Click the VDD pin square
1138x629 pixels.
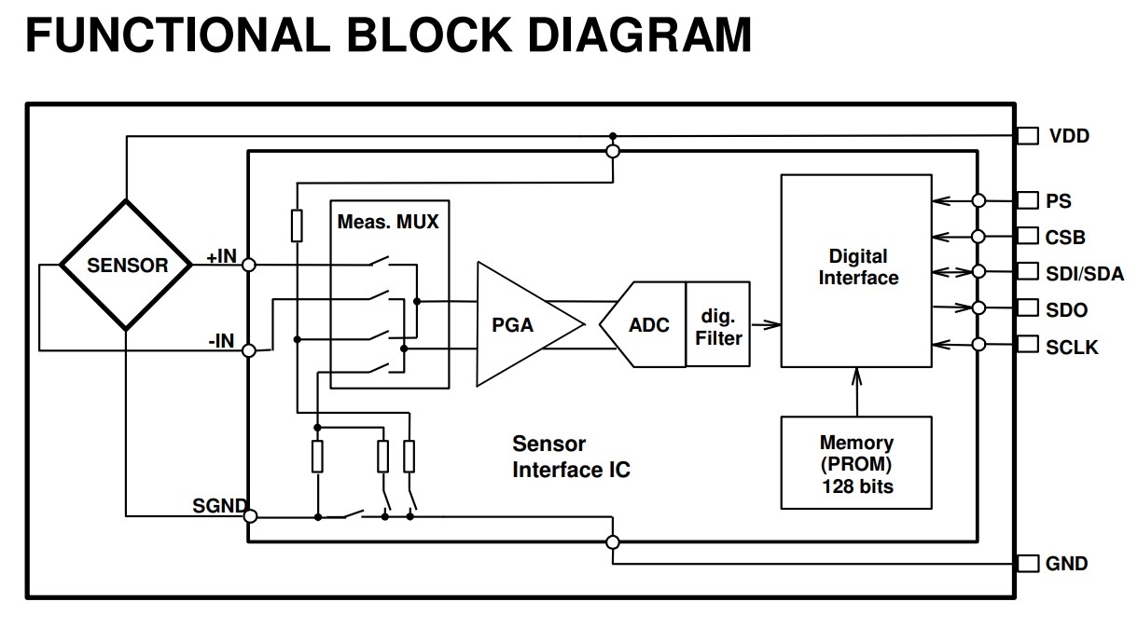pyautogui.click(x=1028, y=135)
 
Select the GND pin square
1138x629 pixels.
pyautogui.click(x=1028, y=563)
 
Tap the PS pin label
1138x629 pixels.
pyautogui.click(x=1058, y=201)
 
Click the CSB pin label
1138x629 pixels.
pyautogui.click(x=1065, y=237)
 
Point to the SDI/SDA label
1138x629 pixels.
pyautogui.click(x=1085, y=274)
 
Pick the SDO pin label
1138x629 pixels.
pyautogui.click(x=1066, y=309)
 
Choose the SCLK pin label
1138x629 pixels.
pyautogui.click(x=1072, y=348)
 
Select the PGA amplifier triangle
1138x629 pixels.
pyautogui.click(x=530, y=324)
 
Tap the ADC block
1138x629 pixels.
pyautogui.click(x=643, y=324)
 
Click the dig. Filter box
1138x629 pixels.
pyautogui.click(x=718, y=324)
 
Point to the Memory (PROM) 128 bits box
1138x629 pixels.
pyautogui.click(x=856, y=463)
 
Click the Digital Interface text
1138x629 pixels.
pyautogui.click(x=858, y=267)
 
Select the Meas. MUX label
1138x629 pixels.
pyautogui.click(x=388, y=222)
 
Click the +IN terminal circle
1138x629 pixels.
pyautogui.click(x=249, y=265)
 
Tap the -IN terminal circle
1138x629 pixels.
pyautogui.click(x=249, y=350)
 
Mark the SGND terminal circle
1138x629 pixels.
pyautogui.click(x=251, y=516)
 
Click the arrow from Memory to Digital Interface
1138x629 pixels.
pyautogui.click(x=857, y=392)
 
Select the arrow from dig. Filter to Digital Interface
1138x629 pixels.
pyautogui.click(x=766, y=324)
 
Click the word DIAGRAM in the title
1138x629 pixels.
pyautogui.click(x=640, y=34)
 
